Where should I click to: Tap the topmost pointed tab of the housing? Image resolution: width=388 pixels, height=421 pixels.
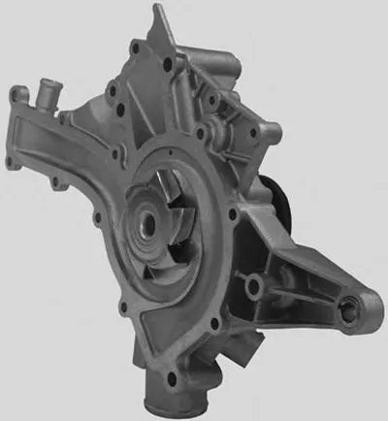[x=155, y=14]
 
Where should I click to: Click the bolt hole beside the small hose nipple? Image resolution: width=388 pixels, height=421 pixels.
[x=16, y=95]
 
